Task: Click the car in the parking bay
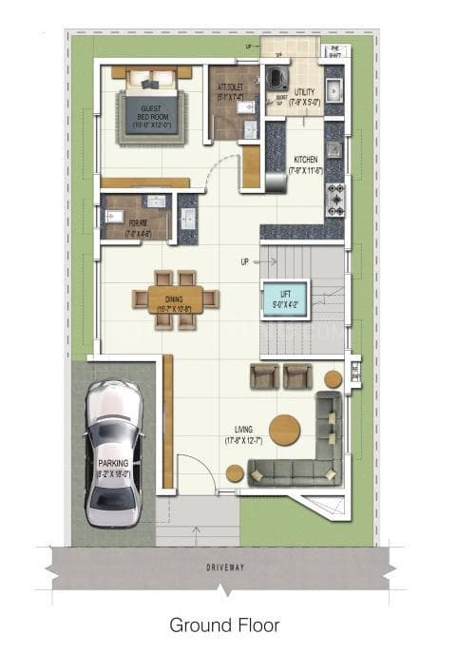click(x=114, y=453)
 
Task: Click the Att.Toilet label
click(x=230, y=91)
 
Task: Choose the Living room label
click(x=243, y=435)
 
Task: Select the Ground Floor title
click(x=224, y=625)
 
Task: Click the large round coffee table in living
click(x=284, y=430)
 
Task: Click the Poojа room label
click(x=138, y=226)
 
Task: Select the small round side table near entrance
click(x=234, y=472)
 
